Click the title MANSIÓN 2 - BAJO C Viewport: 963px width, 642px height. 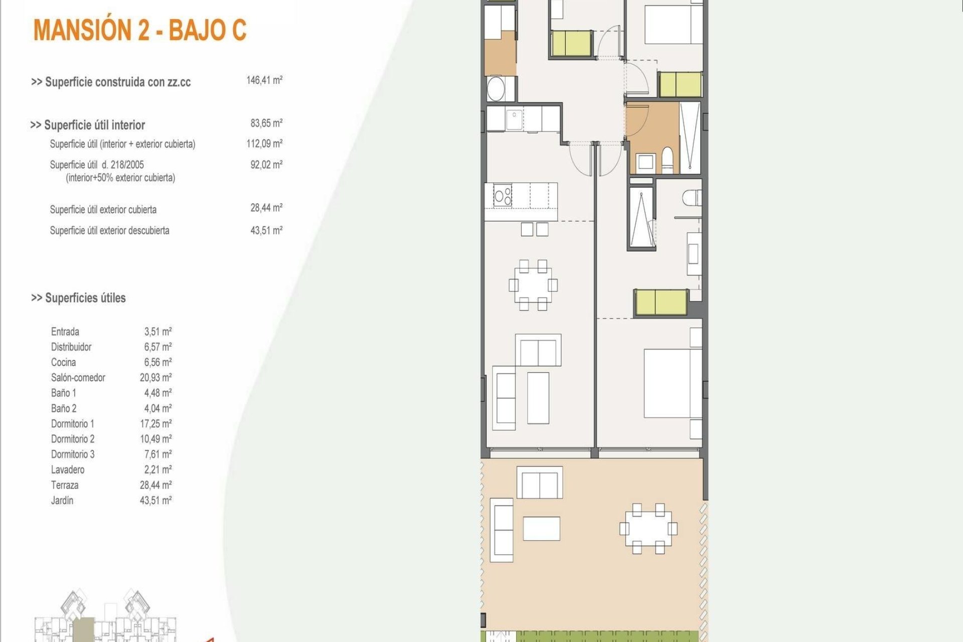[140, 30]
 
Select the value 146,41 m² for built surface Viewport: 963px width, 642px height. [264, 80]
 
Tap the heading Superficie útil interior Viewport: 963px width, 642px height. [88, 125]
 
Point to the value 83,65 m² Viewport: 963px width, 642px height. [266, 123]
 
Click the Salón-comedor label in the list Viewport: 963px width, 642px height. [78, 378]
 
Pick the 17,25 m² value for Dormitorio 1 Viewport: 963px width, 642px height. [155, 424]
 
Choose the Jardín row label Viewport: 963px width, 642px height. [62, 501]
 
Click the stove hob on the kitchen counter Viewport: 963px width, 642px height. [503, 195]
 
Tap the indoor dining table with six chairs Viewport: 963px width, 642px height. [533, 285]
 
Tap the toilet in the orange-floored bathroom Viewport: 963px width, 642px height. [668, 159]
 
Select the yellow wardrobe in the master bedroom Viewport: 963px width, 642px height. [661, 302]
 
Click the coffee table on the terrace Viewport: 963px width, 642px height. [541, 529]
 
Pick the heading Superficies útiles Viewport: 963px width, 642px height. [79, 298]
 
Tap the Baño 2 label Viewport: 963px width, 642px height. [64, 408]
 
